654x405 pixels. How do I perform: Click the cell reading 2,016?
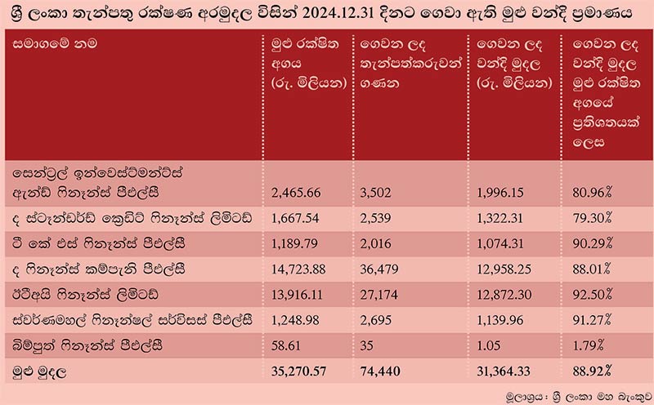[x=376, y=244]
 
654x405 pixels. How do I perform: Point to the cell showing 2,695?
[x=376, y=319]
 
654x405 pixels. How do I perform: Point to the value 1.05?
[x=488, y=344]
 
